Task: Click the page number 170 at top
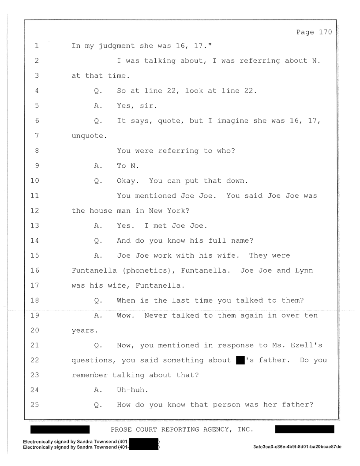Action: tap(326, 32)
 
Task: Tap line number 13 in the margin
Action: tap(35, 225)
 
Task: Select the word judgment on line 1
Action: tap(117, 46)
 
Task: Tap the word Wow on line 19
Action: tap(124, 316)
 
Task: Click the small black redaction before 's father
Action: tap(240, 361)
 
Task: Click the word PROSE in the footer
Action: tap(121, 429)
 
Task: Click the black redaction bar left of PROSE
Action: tap(60, 429)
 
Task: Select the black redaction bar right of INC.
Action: tap(304, 429)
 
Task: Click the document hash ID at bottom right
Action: tap(297, 447)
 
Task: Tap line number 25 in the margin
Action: tap(35, 405)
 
